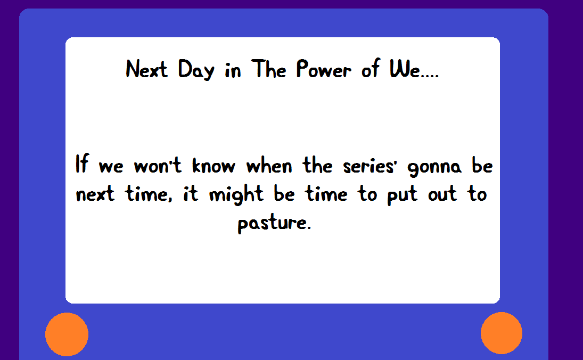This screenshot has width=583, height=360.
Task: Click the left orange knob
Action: click(x=67, y=334)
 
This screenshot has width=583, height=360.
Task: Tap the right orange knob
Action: click(x=501, y=333)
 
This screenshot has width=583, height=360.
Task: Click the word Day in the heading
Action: click(x=196, y=70)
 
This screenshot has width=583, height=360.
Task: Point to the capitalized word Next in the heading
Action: click(x=146, y=69)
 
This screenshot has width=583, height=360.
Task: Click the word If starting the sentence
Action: click(x=82, y=163)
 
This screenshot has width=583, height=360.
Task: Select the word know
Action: click(x=214, y=165)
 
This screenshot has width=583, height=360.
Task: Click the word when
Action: click(x=269, y=165)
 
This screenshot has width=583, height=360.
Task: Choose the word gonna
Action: click(x=434, y=168)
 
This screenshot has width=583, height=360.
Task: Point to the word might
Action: click(x=236, y=194)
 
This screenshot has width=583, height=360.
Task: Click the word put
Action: click(x=402, y=195)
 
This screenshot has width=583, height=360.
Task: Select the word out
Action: click(x=442, y=194)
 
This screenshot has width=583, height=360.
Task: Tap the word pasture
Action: click(x=274, y=223)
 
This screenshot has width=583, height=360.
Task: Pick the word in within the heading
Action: click(x=233, y=70)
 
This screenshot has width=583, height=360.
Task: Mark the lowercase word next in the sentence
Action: click(x=95, y=194)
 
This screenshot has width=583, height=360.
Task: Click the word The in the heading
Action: click(x=268, y=69)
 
